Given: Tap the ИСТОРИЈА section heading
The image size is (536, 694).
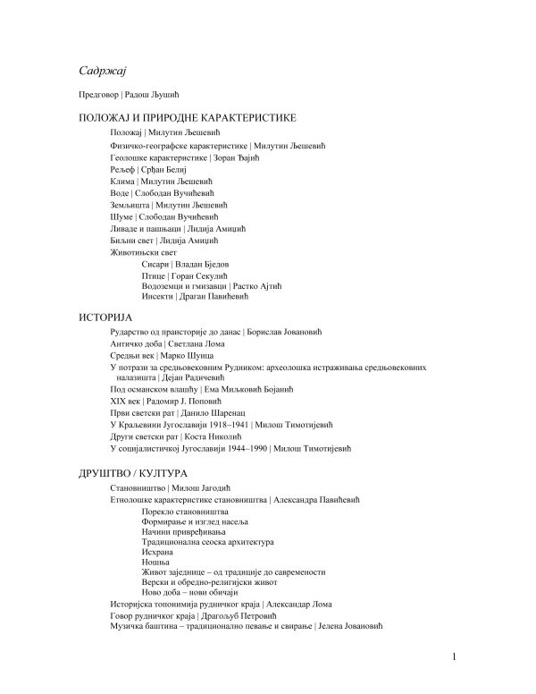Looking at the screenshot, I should click(105, 317).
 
